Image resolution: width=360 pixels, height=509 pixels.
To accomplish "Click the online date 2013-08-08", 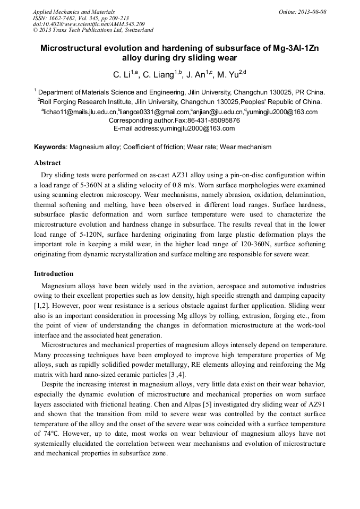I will (312, 12).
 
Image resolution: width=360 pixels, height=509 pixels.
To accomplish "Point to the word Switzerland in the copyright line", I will (138, 30).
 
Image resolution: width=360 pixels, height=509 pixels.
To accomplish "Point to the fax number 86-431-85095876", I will (214, 120).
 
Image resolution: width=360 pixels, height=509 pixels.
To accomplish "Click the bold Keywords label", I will (50, 146).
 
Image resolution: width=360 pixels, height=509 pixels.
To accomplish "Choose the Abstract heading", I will (47, 163).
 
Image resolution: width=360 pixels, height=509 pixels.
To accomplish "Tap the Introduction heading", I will (54, 274).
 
